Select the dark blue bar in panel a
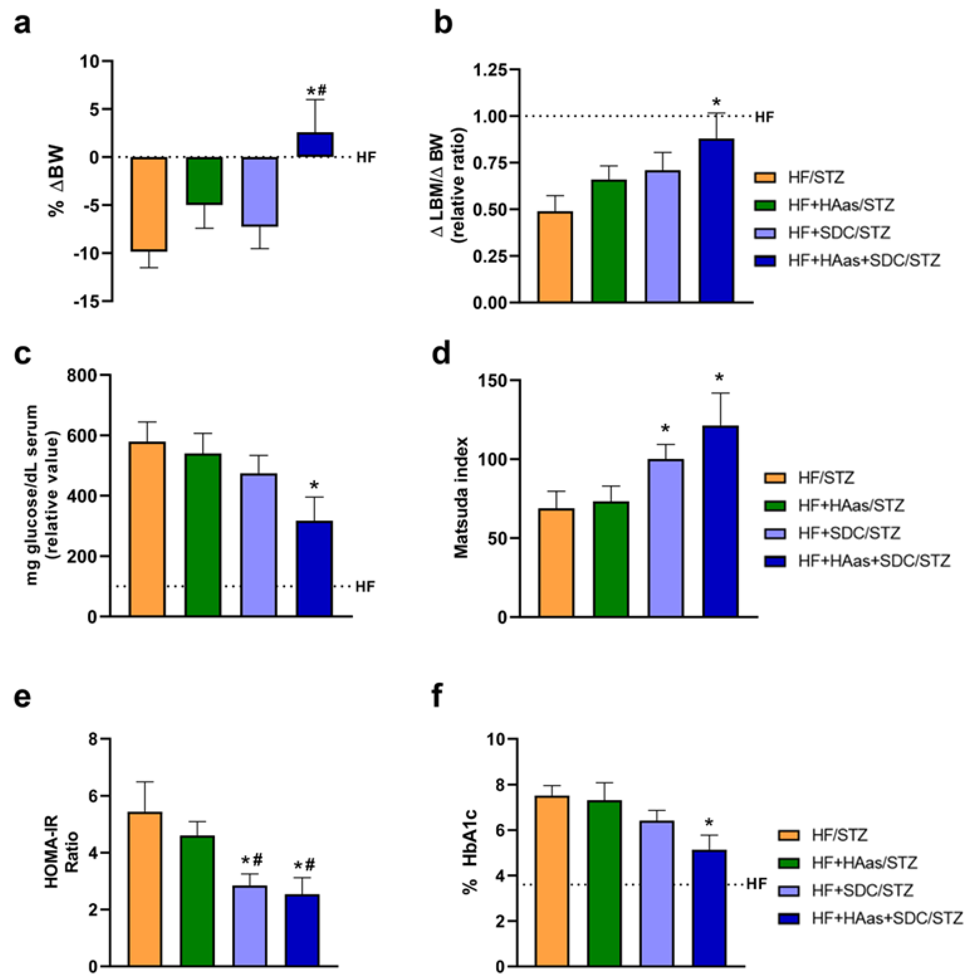315,145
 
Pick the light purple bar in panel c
259,545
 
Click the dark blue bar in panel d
720,521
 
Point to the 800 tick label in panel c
83,375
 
